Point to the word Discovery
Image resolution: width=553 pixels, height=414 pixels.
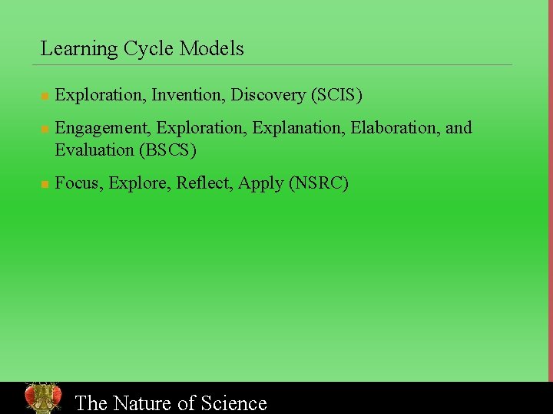(268, 95)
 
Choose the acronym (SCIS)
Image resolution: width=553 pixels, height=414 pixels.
(336, 95)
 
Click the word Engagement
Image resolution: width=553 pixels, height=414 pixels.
(104, 128)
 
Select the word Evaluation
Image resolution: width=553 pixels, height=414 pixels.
(94, 150)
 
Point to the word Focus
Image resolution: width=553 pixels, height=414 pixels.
(79, 183)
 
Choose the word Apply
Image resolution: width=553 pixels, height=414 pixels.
(260, 184)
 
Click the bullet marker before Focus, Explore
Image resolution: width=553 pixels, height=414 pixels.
(45, 185)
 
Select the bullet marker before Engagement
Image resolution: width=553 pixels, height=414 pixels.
(45, 129)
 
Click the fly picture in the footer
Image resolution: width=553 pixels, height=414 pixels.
(43, 397)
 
